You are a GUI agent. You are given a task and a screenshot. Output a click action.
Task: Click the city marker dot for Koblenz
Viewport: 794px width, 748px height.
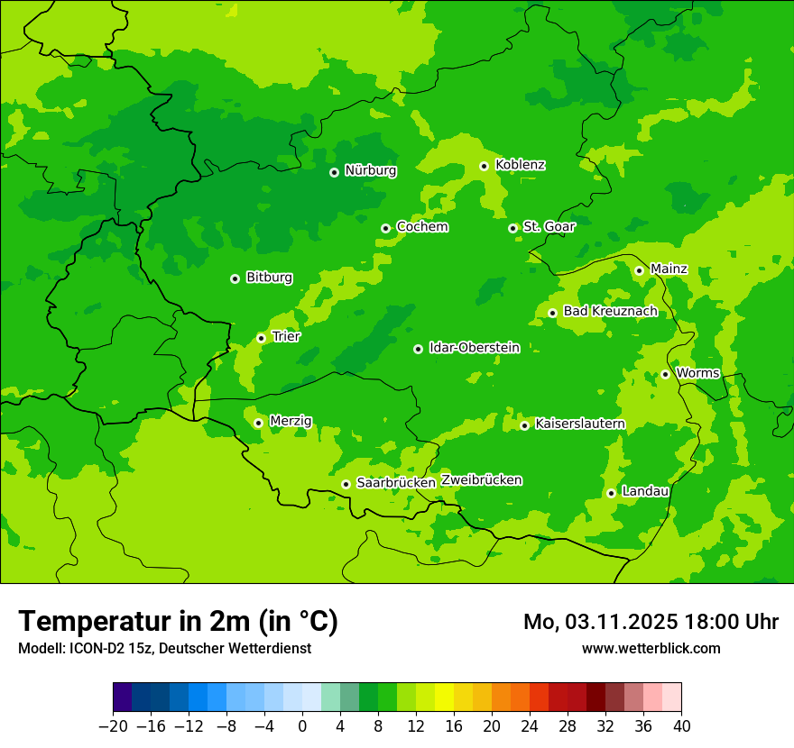(484, 166)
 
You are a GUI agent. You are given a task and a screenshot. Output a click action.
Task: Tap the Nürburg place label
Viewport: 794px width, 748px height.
(370, 170)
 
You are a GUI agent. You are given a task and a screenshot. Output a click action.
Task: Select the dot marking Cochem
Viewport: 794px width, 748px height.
(385, 228)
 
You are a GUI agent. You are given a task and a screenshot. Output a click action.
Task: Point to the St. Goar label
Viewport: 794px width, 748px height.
(549, 226)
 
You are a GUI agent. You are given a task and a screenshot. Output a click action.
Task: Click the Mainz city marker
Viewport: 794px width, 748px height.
(639, 270)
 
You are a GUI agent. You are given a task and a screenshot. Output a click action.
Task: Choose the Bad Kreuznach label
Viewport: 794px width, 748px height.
(610, 311)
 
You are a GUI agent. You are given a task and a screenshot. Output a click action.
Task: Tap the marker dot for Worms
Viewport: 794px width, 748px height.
(665, 374)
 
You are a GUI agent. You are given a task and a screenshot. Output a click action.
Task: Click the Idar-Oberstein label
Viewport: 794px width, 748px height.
(474, 347)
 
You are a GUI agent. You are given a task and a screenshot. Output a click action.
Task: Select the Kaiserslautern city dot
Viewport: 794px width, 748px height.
(524, 425)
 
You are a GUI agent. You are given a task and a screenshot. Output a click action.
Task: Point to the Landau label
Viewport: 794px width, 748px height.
(645, 491)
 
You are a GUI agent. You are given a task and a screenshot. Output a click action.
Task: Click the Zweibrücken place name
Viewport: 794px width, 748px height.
(481, 479)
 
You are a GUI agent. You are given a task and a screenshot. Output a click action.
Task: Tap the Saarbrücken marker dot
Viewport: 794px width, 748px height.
(346, 484)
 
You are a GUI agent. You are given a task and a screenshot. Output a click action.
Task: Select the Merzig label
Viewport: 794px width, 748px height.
(291, 421)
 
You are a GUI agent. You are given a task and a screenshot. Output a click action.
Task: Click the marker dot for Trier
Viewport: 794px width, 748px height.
(261, 338)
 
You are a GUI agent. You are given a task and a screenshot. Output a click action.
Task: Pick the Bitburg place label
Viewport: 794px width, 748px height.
(269, 278)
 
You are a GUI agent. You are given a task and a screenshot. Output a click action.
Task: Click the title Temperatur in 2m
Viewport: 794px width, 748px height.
(178, 621)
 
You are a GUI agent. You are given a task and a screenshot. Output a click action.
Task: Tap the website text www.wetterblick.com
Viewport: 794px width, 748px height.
(651, 648)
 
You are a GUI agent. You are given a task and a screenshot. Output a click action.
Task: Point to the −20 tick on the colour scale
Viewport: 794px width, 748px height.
(113, 726)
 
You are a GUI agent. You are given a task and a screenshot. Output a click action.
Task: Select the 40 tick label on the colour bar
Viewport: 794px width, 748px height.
(681, 726)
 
